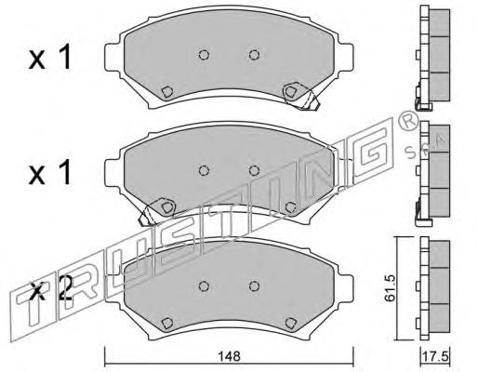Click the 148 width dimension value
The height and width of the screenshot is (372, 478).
click(x=229, y=356)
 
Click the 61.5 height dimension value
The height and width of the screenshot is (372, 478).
click(x=389, y=290)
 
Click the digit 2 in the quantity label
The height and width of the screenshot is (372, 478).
click(x=64, y=287)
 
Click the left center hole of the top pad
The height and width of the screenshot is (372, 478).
click(x=204, y=55)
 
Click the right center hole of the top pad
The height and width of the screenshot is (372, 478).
click(x=254, y=55)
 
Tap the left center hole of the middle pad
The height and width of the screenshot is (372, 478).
click(x=204, y=170)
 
